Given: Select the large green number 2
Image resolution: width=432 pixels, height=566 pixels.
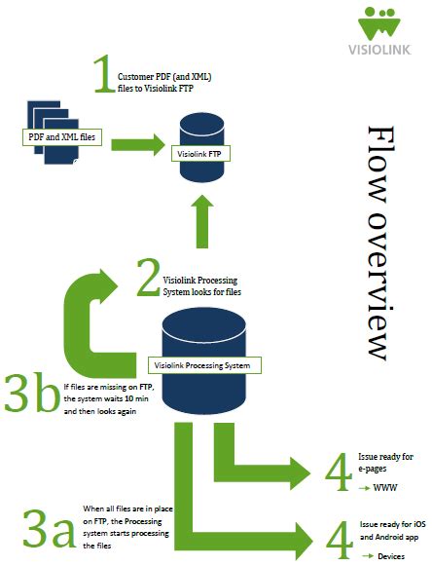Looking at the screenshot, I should point(147,278).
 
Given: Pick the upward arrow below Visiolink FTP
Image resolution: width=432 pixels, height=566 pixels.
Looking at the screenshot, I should point(202,224).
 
